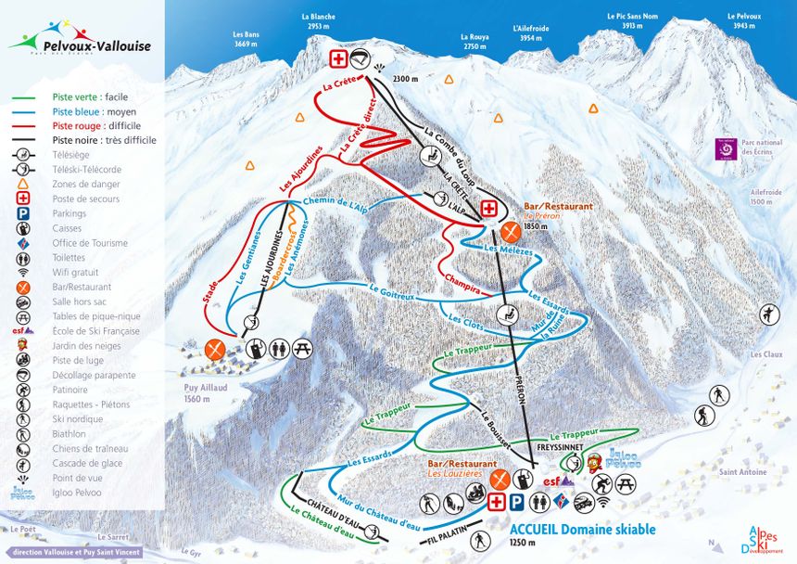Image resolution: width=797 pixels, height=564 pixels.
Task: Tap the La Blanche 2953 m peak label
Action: pos(318,21)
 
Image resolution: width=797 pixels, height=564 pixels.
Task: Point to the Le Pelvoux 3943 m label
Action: pos(743,21)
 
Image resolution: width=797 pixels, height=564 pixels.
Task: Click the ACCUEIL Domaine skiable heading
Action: pos(582,530)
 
